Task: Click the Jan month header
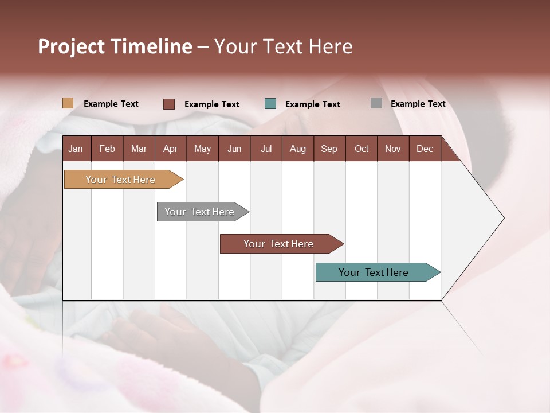(76, 149)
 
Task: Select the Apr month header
(170, 149)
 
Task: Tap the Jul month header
(266, 149)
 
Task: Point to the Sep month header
(329, 149)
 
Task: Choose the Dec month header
(425, 149)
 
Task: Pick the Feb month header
(107, 149)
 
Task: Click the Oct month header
(362, 149)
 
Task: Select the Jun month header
(234, 149)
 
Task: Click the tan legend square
(68, 103)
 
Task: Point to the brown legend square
(168, 104)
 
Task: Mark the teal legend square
(270, 104)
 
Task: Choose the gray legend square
(376, 103)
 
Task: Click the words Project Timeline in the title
(115, 46)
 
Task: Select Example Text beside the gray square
(418, 104)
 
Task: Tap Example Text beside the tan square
(111, 104)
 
